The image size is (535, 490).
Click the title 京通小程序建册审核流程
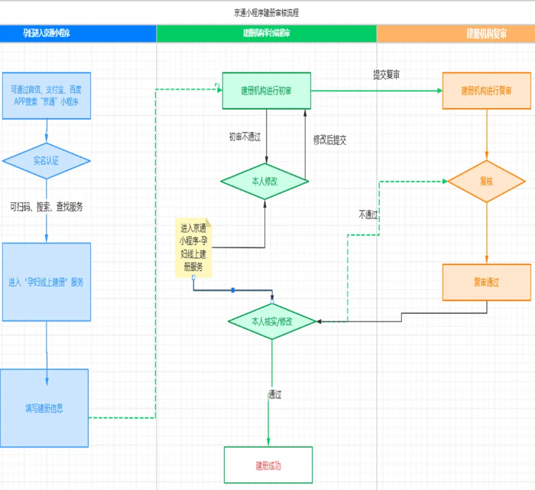(267, 13)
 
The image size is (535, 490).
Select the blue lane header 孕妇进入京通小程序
(47, 34)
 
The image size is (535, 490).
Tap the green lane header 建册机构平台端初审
(266, 34)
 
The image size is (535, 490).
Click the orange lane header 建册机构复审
(487, 34)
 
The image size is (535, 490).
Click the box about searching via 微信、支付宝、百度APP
(46, 95)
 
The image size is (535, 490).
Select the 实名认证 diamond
(46, 161)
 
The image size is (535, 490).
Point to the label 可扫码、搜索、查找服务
(47, 207)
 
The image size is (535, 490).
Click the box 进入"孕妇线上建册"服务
(46, 282)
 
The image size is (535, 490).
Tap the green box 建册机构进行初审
(266, 91)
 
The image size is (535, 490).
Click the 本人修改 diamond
(264, 182)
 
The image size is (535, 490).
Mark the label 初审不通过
(245, 137)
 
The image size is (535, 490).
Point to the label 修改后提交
(329, 140)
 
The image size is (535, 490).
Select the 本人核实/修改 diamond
(272, 321)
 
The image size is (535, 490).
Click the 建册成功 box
(268, 465)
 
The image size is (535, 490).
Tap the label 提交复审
(386, 75)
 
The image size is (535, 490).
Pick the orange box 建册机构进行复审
(486, 91)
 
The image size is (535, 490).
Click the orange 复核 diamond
(487, 182)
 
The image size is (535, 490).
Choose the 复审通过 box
(486, 282)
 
